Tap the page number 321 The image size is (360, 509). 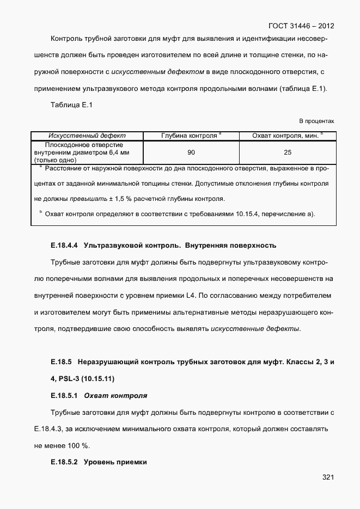[x=327, y=477]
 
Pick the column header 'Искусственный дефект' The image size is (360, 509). [x=87, y=136]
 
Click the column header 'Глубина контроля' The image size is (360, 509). [x=191, y=136]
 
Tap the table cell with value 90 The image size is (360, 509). [x=191, y=152]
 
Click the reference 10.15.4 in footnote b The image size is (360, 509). [x=247, y=213]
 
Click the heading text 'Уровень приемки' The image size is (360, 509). [x=115, y=462]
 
